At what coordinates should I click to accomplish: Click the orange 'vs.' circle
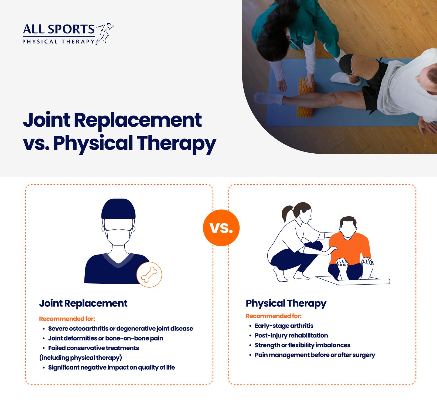pyautogui.click(x=221, y=228)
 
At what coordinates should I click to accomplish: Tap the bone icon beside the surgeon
pyautogui.click(x=149, y=275)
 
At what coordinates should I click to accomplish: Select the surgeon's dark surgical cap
pyautogui.click(x=118, y=209)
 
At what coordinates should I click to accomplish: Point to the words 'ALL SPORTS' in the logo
pyautogui.click(x=59, y=29)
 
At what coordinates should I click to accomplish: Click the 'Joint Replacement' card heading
pyautogui.click(x=83, y=303)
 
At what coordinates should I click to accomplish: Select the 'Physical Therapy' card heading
pyautogui.click(x=286, y=303)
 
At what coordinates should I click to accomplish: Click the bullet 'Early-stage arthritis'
pyautogui.click(x=284, y=326)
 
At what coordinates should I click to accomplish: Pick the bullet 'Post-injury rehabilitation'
pyautogui.click(x=291, y=335)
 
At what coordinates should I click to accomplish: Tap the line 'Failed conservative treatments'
pyautogui.click(x=94, y=348)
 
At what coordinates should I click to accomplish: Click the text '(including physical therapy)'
pyautogui.click(x=81, y=358)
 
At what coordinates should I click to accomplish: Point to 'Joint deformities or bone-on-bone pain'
pyautogui.click(x=106, y=338)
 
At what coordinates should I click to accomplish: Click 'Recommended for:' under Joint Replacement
pyautogui.click(x=67, y=319)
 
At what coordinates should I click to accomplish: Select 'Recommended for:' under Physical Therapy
pyautogui.click(x=274, y=316)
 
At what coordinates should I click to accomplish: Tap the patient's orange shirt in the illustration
pyautogui.click(x=350, y=248)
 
